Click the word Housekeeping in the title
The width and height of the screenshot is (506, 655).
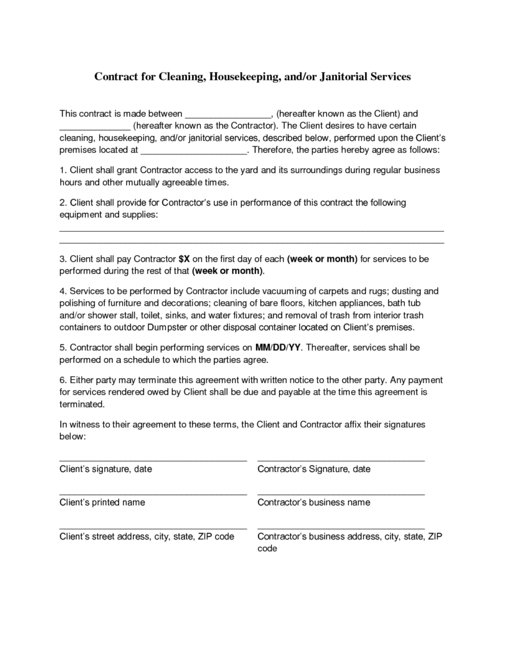(x=242, y=76)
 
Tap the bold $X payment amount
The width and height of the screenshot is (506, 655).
(x=184, y=259)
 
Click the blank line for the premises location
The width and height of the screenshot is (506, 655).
(x=193, y=152)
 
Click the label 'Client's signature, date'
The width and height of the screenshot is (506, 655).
(x=106, y=470)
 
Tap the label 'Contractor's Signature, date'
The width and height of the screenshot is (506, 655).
(x=313, y=470)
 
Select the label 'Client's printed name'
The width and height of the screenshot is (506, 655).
(x=102, y=503)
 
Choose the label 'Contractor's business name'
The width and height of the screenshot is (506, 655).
(x=313, y=503)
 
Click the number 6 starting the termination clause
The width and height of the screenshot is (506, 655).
(x=62, y=381)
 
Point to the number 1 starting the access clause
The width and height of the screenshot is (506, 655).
(x=62, y=171)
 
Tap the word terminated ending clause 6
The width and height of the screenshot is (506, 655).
(x=81, y=405)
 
